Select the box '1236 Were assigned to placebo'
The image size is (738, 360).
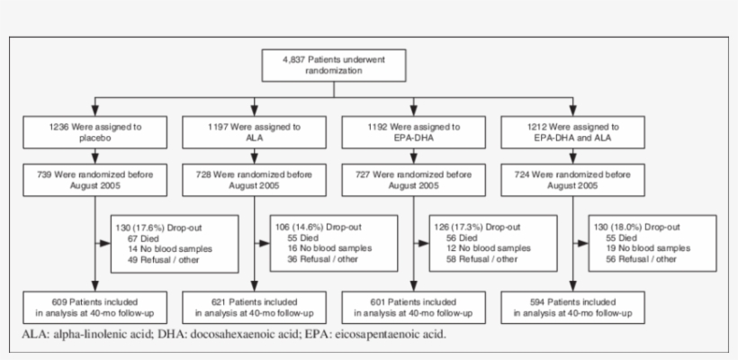pos(79,133)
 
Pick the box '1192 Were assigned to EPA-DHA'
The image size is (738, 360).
pos(412,133)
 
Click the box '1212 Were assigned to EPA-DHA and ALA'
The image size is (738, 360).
pos(571,133)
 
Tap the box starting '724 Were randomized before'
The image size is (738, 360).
pos(571,179)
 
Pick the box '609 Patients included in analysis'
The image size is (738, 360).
pos(79,307)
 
